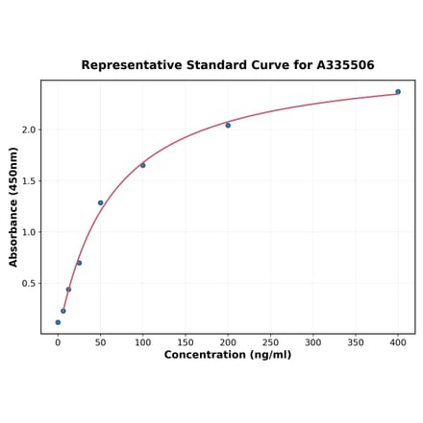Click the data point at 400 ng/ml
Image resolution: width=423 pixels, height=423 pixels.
click(x=398, y=92)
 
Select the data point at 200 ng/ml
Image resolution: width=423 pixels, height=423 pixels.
click(x=228, y=126)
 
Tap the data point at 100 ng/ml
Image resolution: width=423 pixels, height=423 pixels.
click(x=143, y=165)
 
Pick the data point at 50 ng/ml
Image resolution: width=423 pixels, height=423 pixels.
click(x=100, y=203)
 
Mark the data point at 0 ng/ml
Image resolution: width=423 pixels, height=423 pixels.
click(x=58, y=322)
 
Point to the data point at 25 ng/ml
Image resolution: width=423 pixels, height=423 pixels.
click(x=79, y=263)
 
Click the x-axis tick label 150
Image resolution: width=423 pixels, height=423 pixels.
click(x=186, y=342)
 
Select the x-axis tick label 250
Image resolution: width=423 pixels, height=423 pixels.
click(x=270, y=342)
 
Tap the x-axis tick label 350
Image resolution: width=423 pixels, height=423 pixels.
click(x=356, y=342)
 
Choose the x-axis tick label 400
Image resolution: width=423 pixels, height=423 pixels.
click(x=398, y=342)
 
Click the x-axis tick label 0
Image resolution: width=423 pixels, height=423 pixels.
click(x=58, y=342)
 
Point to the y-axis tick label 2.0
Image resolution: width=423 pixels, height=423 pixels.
click(x=28, y=129)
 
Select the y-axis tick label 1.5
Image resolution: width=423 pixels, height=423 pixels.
click(x=28, y=181)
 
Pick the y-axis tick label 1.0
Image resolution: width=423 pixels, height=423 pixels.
click(x=28, y=232)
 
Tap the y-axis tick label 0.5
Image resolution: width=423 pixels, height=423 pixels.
click(x=28, y=284)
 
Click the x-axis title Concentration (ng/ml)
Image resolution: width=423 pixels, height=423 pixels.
click(x=228, y=356)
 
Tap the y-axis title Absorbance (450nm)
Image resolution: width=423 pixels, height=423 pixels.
click(x=13, y=207)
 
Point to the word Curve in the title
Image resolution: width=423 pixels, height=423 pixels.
click(x=261, y=65)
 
